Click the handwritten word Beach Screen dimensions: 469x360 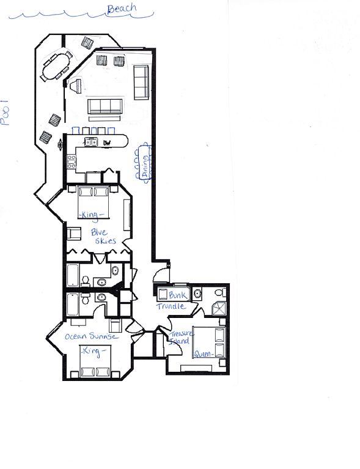(121, 9)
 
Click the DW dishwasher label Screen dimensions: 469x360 (106, 142)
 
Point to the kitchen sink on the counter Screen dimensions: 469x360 (90, 142)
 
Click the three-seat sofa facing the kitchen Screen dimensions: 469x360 (106, 106)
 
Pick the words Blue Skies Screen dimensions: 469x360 (103, 236)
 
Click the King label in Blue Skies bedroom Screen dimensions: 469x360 (92, 214)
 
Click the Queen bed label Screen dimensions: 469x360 (204, 354)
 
